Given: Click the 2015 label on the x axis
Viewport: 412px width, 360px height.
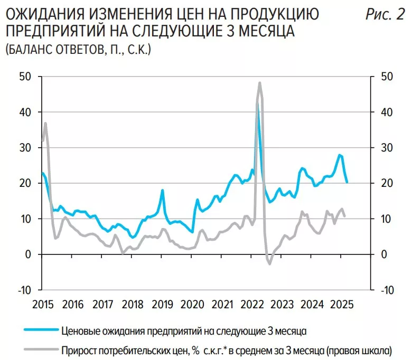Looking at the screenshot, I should [x=43, y=305].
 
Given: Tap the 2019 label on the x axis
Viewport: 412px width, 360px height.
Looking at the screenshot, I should [x=162, y=305].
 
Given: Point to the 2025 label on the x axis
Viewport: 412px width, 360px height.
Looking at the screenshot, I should [x=342, y=305].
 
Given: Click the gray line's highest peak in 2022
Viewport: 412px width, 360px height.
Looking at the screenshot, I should [x=260, y=82].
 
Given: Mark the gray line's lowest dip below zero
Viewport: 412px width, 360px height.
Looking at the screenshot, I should [x=269, y=263].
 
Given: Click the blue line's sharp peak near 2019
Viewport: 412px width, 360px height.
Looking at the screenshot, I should [x=163, y=190].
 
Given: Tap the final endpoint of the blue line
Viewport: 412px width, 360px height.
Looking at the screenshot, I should [x=347, y=182].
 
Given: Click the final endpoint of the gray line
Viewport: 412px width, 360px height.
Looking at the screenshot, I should [x=345, y=216].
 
